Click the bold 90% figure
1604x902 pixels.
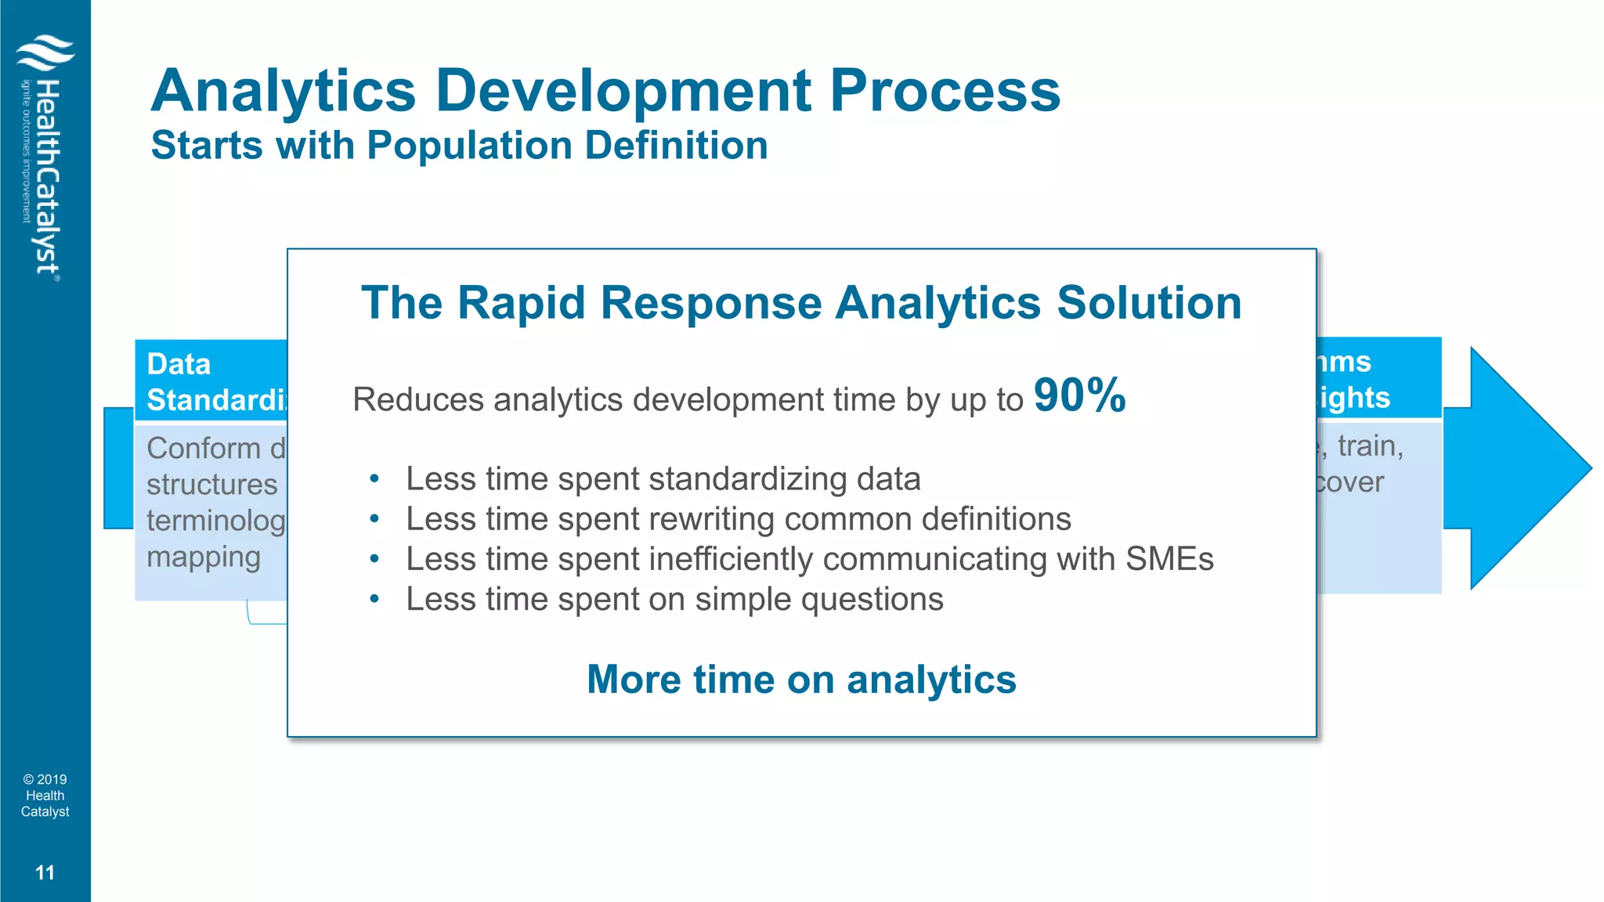[1079, 395]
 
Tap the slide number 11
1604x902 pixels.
[45, 873]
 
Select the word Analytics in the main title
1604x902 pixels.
[284, 92]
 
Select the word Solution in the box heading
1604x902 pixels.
[1149, 303]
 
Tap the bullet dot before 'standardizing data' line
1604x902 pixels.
[374, 478]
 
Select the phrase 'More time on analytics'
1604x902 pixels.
[801, 679]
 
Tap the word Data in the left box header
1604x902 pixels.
[179, 364]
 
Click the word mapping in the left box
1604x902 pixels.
[203, 557]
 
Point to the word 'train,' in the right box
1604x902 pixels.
[1370, 446]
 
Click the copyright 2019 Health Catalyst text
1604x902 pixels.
[45, 796]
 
